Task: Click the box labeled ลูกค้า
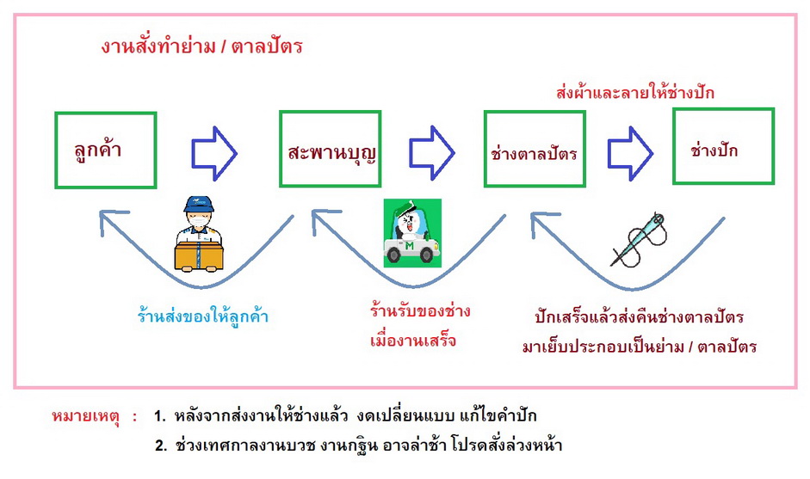click(x=105, y=150)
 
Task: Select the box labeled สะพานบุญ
click(x=331, y=150)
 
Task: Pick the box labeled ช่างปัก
click(x=723, y=145)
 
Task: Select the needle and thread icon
click(x=639, y=237)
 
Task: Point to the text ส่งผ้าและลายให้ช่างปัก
click(x=635, y=92)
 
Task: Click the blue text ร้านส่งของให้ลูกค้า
click(x=203, y=316)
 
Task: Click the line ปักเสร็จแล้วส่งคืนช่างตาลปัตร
click(x=638, y=318)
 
